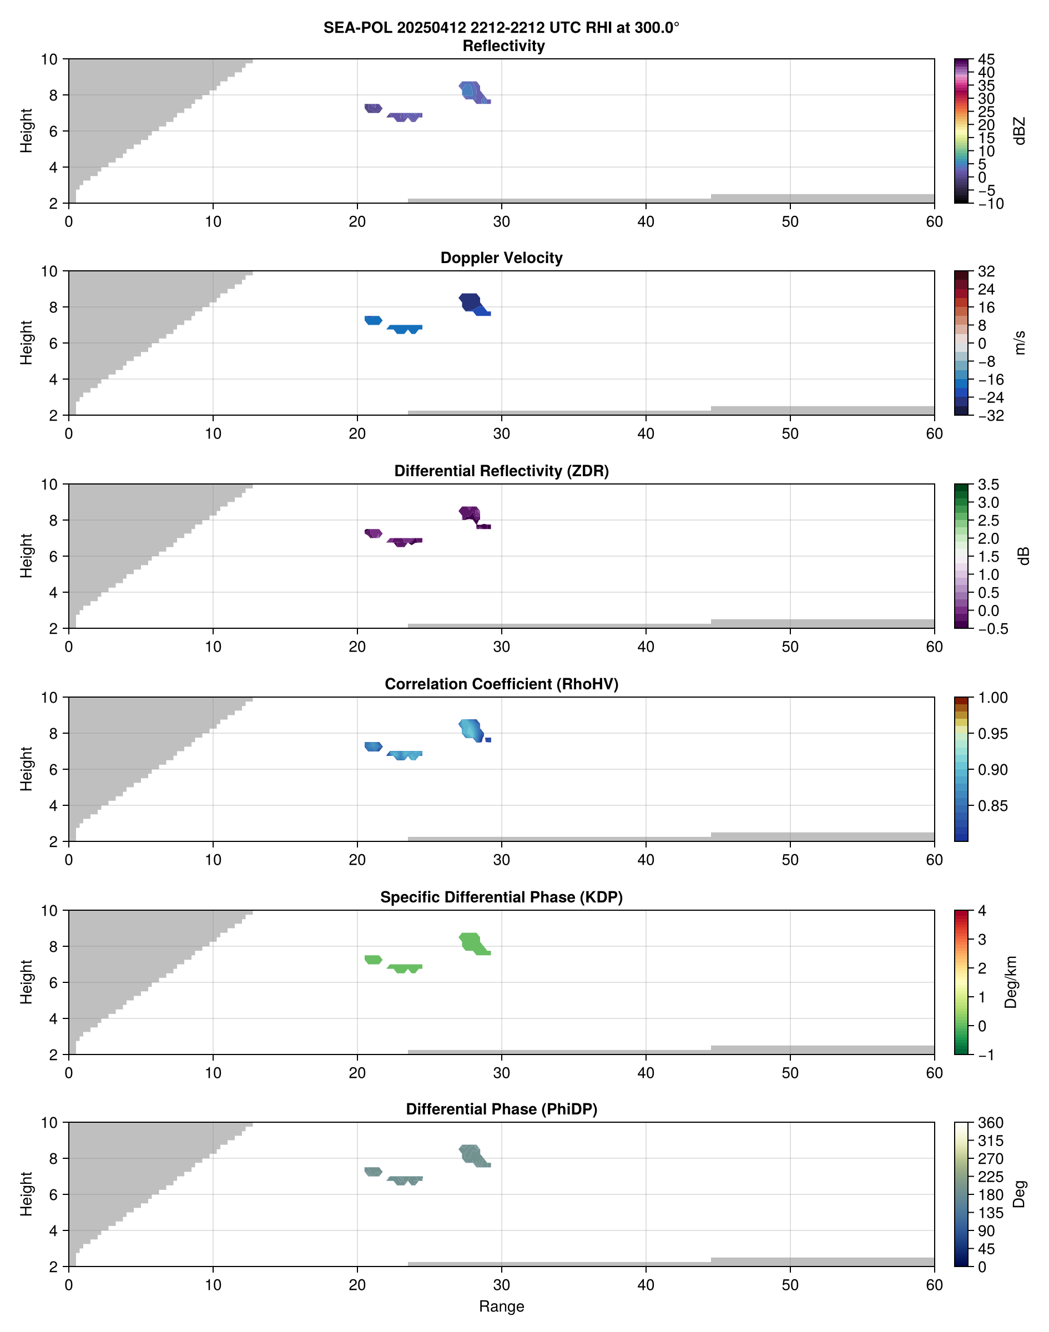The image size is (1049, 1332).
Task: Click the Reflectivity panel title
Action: (x=503, y=46)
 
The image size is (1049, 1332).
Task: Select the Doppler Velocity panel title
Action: (x=501, y=258)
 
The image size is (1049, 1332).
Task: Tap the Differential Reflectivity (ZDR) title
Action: (x=501, y=471)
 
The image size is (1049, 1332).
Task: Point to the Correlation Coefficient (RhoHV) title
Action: (x=501, y=684)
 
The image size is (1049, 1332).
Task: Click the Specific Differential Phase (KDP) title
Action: (x=501, y=897)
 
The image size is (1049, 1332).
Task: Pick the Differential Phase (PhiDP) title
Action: (x=501, y=1109)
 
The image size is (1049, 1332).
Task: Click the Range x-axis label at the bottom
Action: (x=501, y=1306)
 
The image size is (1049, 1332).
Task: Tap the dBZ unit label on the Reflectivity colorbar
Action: (x=1020, y=131)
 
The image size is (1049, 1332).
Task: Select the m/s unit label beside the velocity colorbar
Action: (x=1020, y=342)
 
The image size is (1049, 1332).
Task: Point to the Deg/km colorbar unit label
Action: (x=1010, y=982)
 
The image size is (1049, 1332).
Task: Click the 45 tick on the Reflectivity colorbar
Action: (x=986, y=59)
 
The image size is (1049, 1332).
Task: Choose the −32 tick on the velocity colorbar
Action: (x=991, y=416)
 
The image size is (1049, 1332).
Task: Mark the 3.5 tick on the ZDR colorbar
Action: (x=988, y=485)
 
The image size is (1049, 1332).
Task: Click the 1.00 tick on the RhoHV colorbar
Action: (x=992, y=698)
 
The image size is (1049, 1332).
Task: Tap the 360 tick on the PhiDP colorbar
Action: (x=990, y=1123)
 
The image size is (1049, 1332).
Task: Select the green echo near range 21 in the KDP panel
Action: (x=373, y=959)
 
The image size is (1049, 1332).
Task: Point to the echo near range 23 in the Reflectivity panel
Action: (x=402, y=116)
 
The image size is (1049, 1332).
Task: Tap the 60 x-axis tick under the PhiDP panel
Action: (x=934, y=1285)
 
